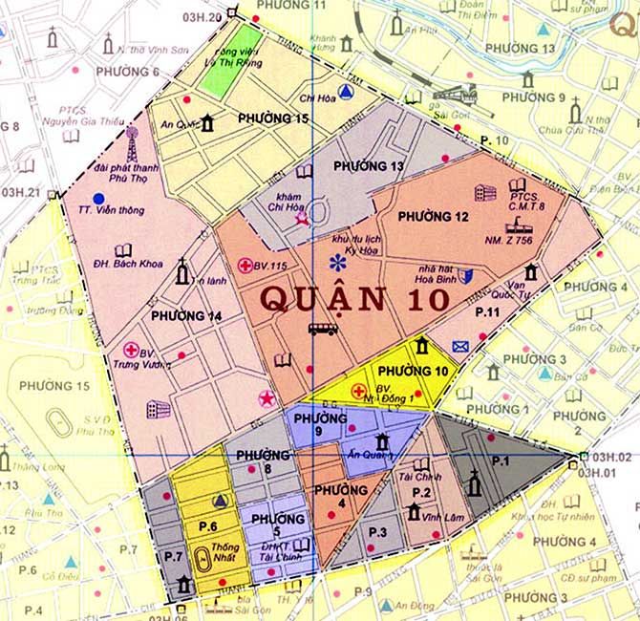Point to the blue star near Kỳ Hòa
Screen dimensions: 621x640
[x=334, y=262]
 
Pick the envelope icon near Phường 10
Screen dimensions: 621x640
[x=461, y=346]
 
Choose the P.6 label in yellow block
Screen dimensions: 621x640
[x=209, y=526]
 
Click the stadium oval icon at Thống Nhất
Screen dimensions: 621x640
[x=203, y=560]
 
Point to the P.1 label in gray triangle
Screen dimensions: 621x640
[x=501, y=460]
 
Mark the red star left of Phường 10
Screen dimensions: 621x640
[x=266, y=397]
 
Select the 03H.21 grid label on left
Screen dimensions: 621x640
[x=21, y=192]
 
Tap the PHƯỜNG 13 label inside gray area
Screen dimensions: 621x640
[x=364, y=166]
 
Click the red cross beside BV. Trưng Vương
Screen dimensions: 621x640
[x=131, y=351]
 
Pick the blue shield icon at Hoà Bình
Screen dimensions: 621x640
[x=465, y=276]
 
